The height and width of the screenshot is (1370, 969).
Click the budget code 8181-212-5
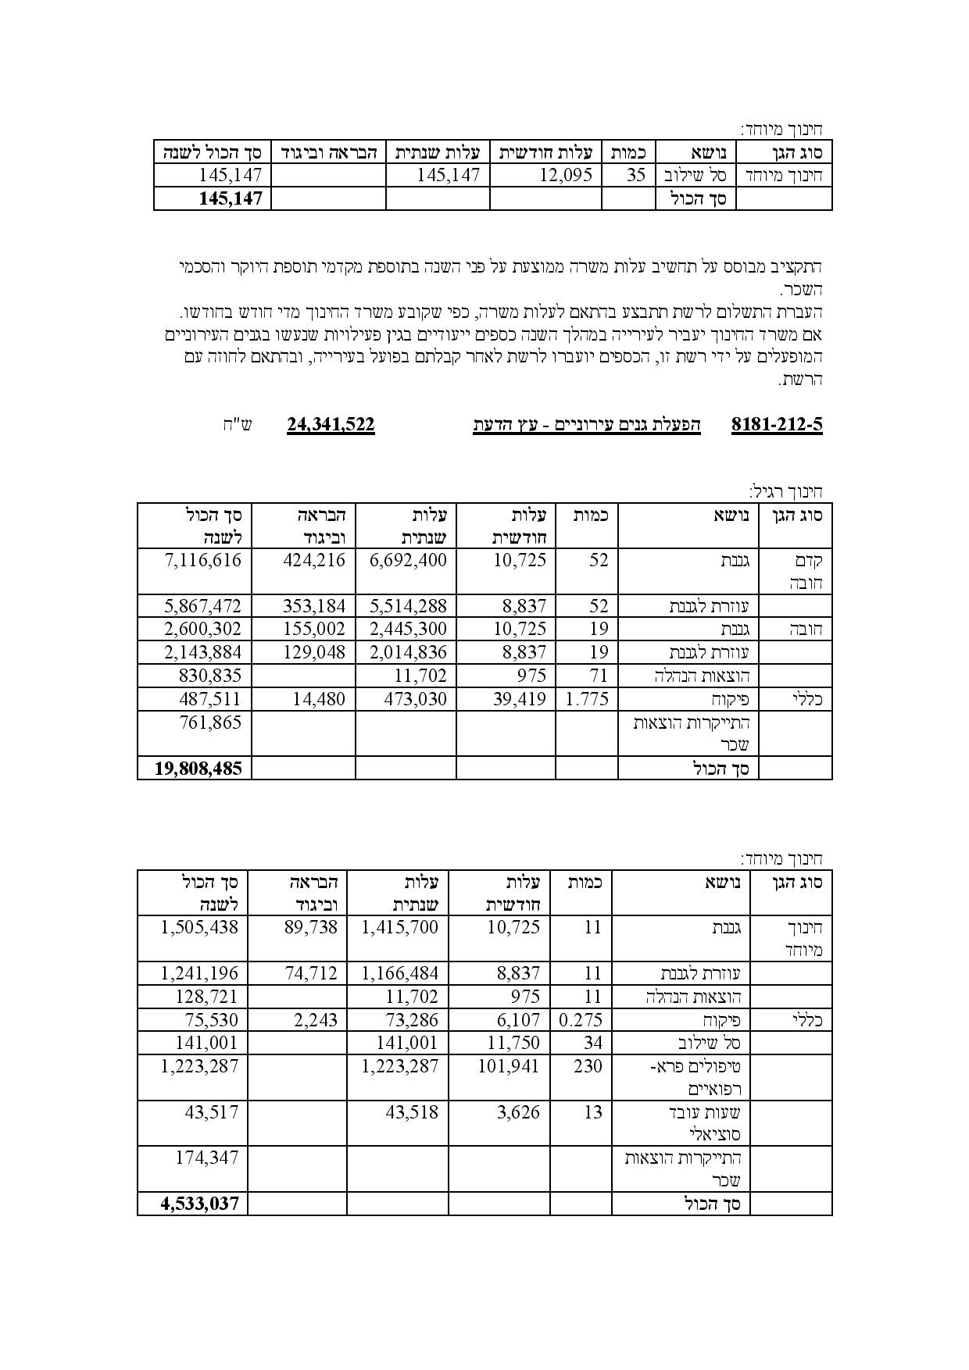tap(777, 425)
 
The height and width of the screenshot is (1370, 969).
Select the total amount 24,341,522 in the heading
tap(331, 425)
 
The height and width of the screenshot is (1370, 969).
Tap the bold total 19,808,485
tap(198, 769)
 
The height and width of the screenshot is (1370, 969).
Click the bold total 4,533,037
tap(199, 1204)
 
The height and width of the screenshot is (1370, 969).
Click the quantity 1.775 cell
tap(586, 699)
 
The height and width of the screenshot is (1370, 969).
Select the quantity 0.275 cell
tap(581, 1020)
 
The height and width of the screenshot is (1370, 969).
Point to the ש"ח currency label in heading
tap(236, 426)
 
